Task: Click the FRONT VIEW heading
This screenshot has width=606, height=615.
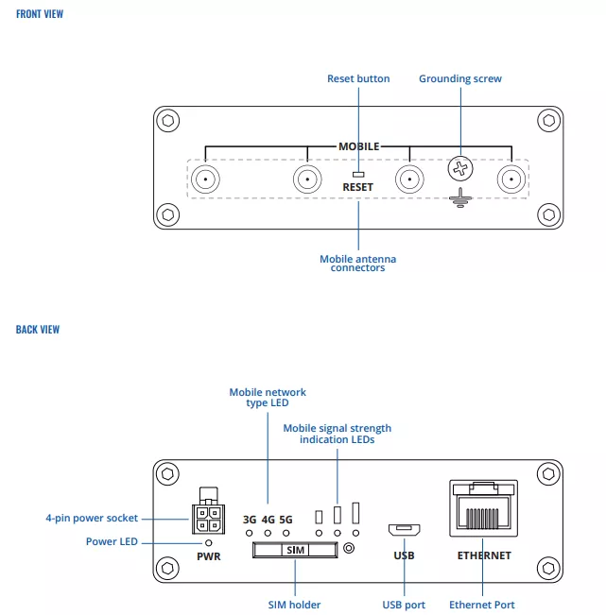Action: tap(40, 14)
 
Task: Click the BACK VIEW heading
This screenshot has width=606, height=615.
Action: tap(38, 330)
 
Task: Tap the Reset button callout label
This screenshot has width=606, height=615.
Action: tap(358, 78)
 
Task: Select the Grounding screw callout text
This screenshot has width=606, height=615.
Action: tap(460, 78)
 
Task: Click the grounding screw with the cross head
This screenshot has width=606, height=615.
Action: tap(460, 170)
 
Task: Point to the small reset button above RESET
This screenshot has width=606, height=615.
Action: tap(358, 174)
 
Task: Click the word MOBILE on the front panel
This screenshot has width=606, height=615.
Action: tap(359, 146)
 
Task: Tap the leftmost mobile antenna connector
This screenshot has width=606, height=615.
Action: tap(204, 179)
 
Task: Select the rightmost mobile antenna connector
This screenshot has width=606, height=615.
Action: tap(511, 179)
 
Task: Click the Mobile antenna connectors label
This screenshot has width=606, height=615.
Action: tap(358, 264)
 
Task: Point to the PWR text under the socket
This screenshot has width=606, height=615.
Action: tap(208, 555)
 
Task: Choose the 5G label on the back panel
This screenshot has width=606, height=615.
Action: tap(286, 519)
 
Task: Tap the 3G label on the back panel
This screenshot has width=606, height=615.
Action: tap(250, 519)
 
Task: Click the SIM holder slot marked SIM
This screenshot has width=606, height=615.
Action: tap(295, 549)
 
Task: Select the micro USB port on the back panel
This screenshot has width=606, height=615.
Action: tap(404, 529)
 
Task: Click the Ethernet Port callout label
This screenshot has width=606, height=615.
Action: tap(482, 605)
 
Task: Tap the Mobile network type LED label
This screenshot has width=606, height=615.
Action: tap(268, 398)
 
